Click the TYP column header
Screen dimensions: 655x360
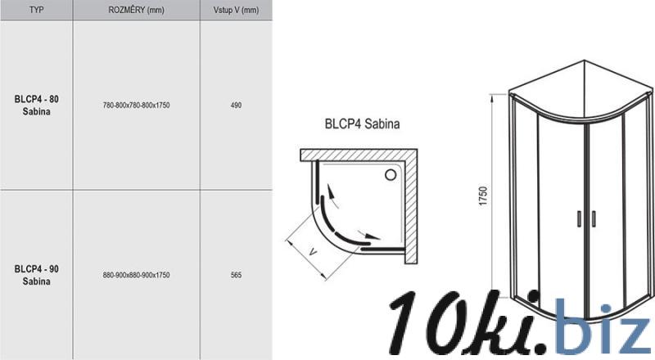pyautogui.click(x=36, y=10)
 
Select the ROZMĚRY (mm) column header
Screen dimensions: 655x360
pyautogui.click(x=136, y=10)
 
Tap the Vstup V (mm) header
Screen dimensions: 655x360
pyautogui.click(x=236, y=10)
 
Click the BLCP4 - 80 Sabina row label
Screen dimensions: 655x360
pyautogui.click(x=36, y=106)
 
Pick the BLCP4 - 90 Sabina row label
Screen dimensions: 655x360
pyautogui.click(x=36, y=275)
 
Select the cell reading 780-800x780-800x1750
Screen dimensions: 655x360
pyautogui.click(x=136, y=106)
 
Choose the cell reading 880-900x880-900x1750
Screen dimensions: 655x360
pyautogui.click(x=136, y=275)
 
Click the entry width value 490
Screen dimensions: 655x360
pyautogui.click(x=236, y=106)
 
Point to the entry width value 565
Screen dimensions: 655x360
pyautogui.click(x=236, y=275)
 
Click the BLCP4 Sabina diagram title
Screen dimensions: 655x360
pyautogui.click(x=362, y=124)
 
